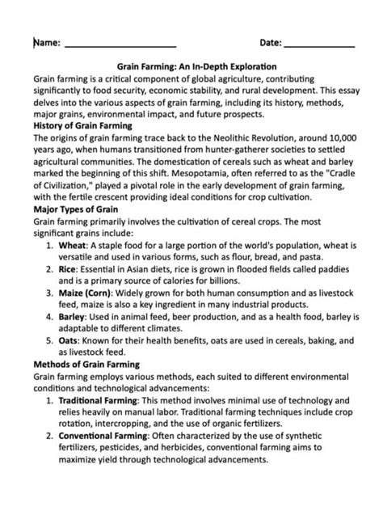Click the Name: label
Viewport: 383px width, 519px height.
point(46,42)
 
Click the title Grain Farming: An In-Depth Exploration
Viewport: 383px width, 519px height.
point(191,67)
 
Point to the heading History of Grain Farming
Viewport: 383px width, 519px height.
point(82,127)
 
